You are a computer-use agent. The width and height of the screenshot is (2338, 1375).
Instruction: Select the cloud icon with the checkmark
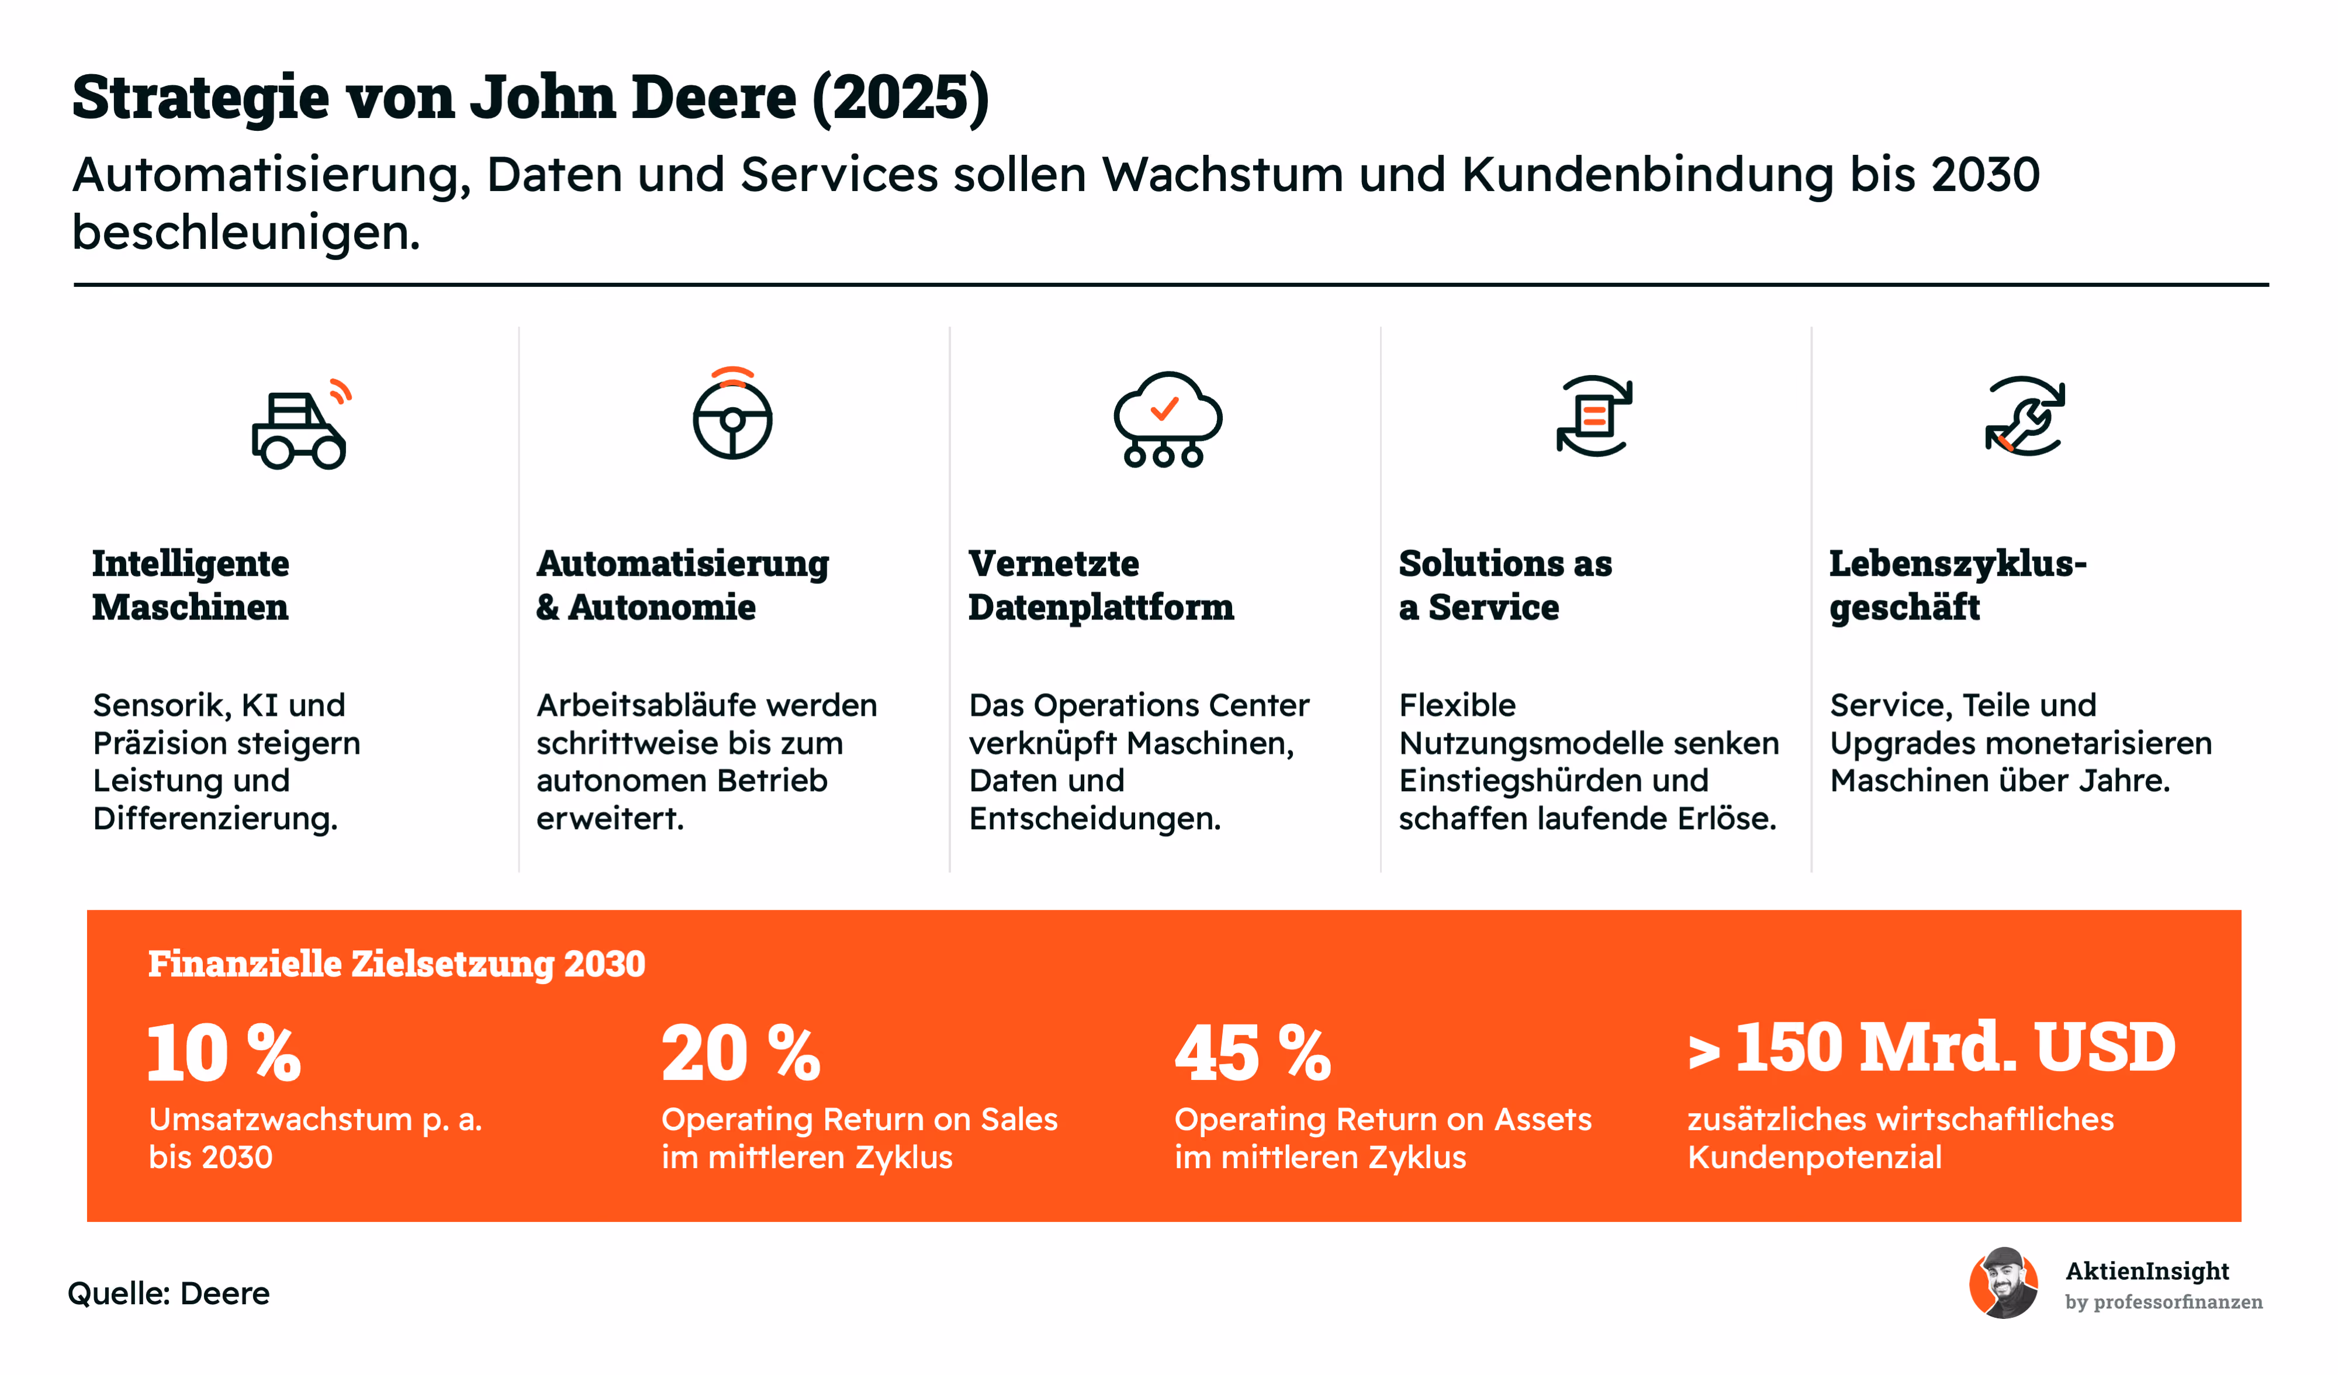click(1167, 420)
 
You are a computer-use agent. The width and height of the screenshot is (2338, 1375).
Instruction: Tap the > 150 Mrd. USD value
click(1932, 1048)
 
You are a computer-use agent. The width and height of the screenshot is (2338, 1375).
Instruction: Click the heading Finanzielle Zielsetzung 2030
click(397, 964)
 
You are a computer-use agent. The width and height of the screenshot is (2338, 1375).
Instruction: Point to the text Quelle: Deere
click(169, 1293)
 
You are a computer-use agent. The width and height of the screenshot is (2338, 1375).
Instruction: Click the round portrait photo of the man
click(2004, 1283)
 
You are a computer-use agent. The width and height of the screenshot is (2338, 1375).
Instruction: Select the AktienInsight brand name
click(2147, 1271)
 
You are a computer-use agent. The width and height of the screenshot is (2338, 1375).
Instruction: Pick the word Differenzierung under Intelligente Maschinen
click(215, 818)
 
